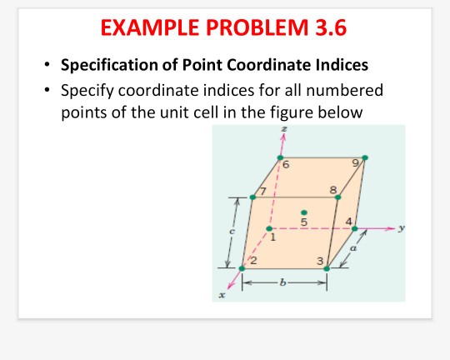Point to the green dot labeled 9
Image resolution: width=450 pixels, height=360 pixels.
(x=364, y=157)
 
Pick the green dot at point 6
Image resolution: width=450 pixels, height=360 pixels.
(x=281, y=157)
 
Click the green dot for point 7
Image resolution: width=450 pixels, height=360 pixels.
(x=253, y=197)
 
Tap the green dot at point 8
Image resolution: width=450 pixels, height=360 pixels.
(x=337, y=198)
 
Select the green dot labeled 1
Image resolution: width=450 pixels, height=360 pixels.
(x=269, y=227)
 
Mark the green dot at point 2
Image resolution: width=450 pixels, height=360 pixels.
(x=242, y=268)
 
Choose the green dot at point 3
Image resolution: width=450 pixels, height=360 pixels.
(x=327, y=268)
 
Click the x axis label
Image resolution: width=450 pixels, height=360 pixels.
(x=222, y=294)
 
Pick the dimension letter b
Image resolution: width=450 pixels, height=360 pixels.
(x=283, y=285)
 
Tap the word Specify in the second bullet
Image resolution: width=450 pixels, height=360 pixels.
(x=89, y=90)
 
